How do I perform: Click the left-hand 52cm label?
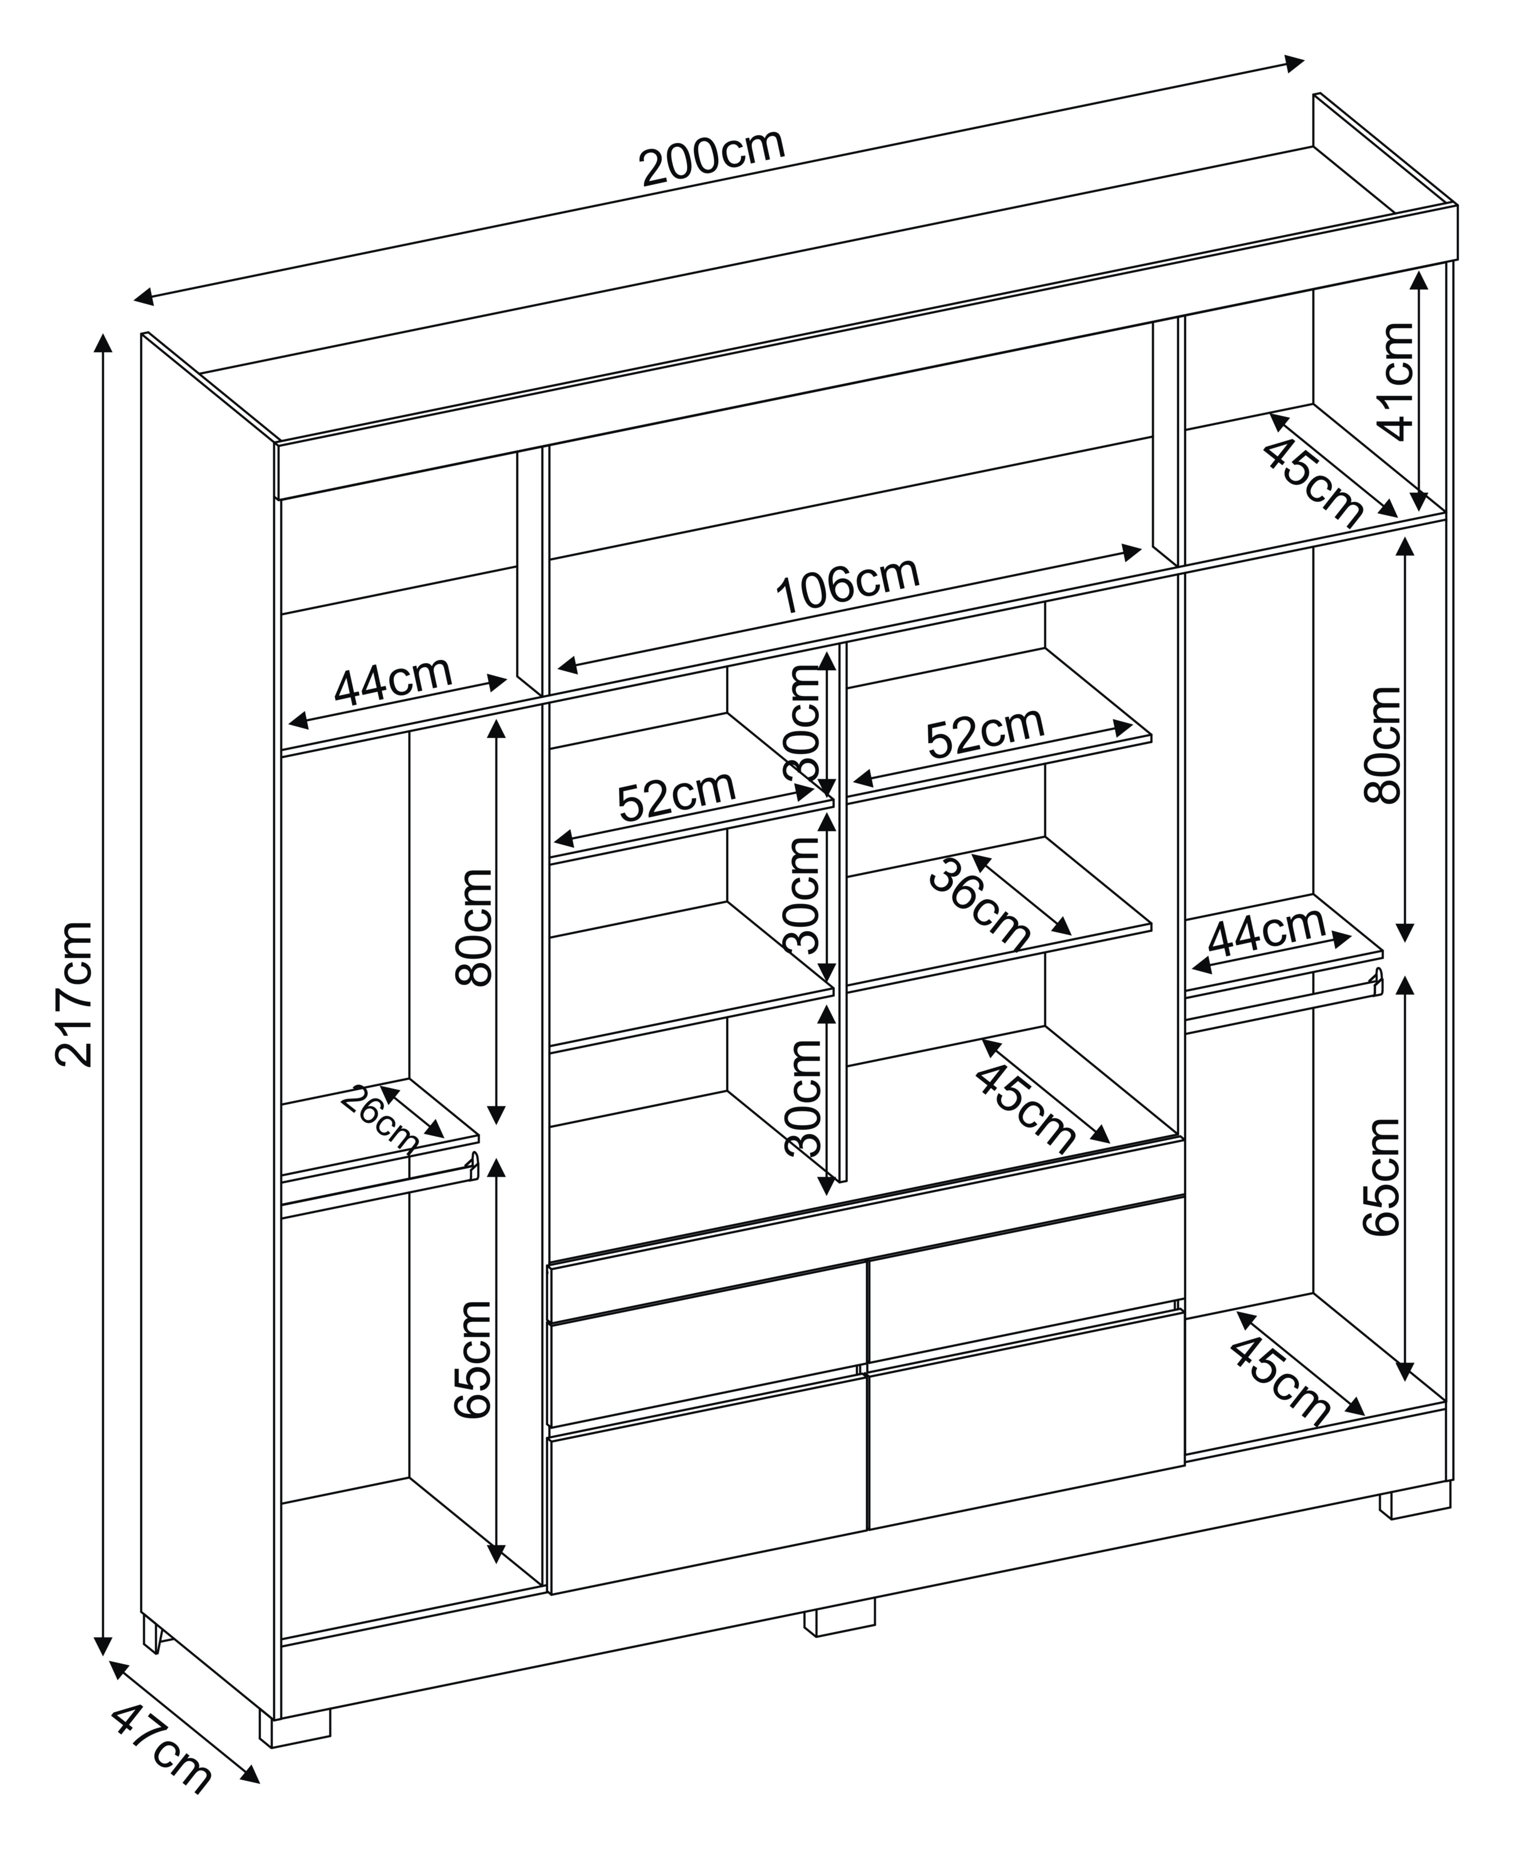(x=676, y=797)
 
